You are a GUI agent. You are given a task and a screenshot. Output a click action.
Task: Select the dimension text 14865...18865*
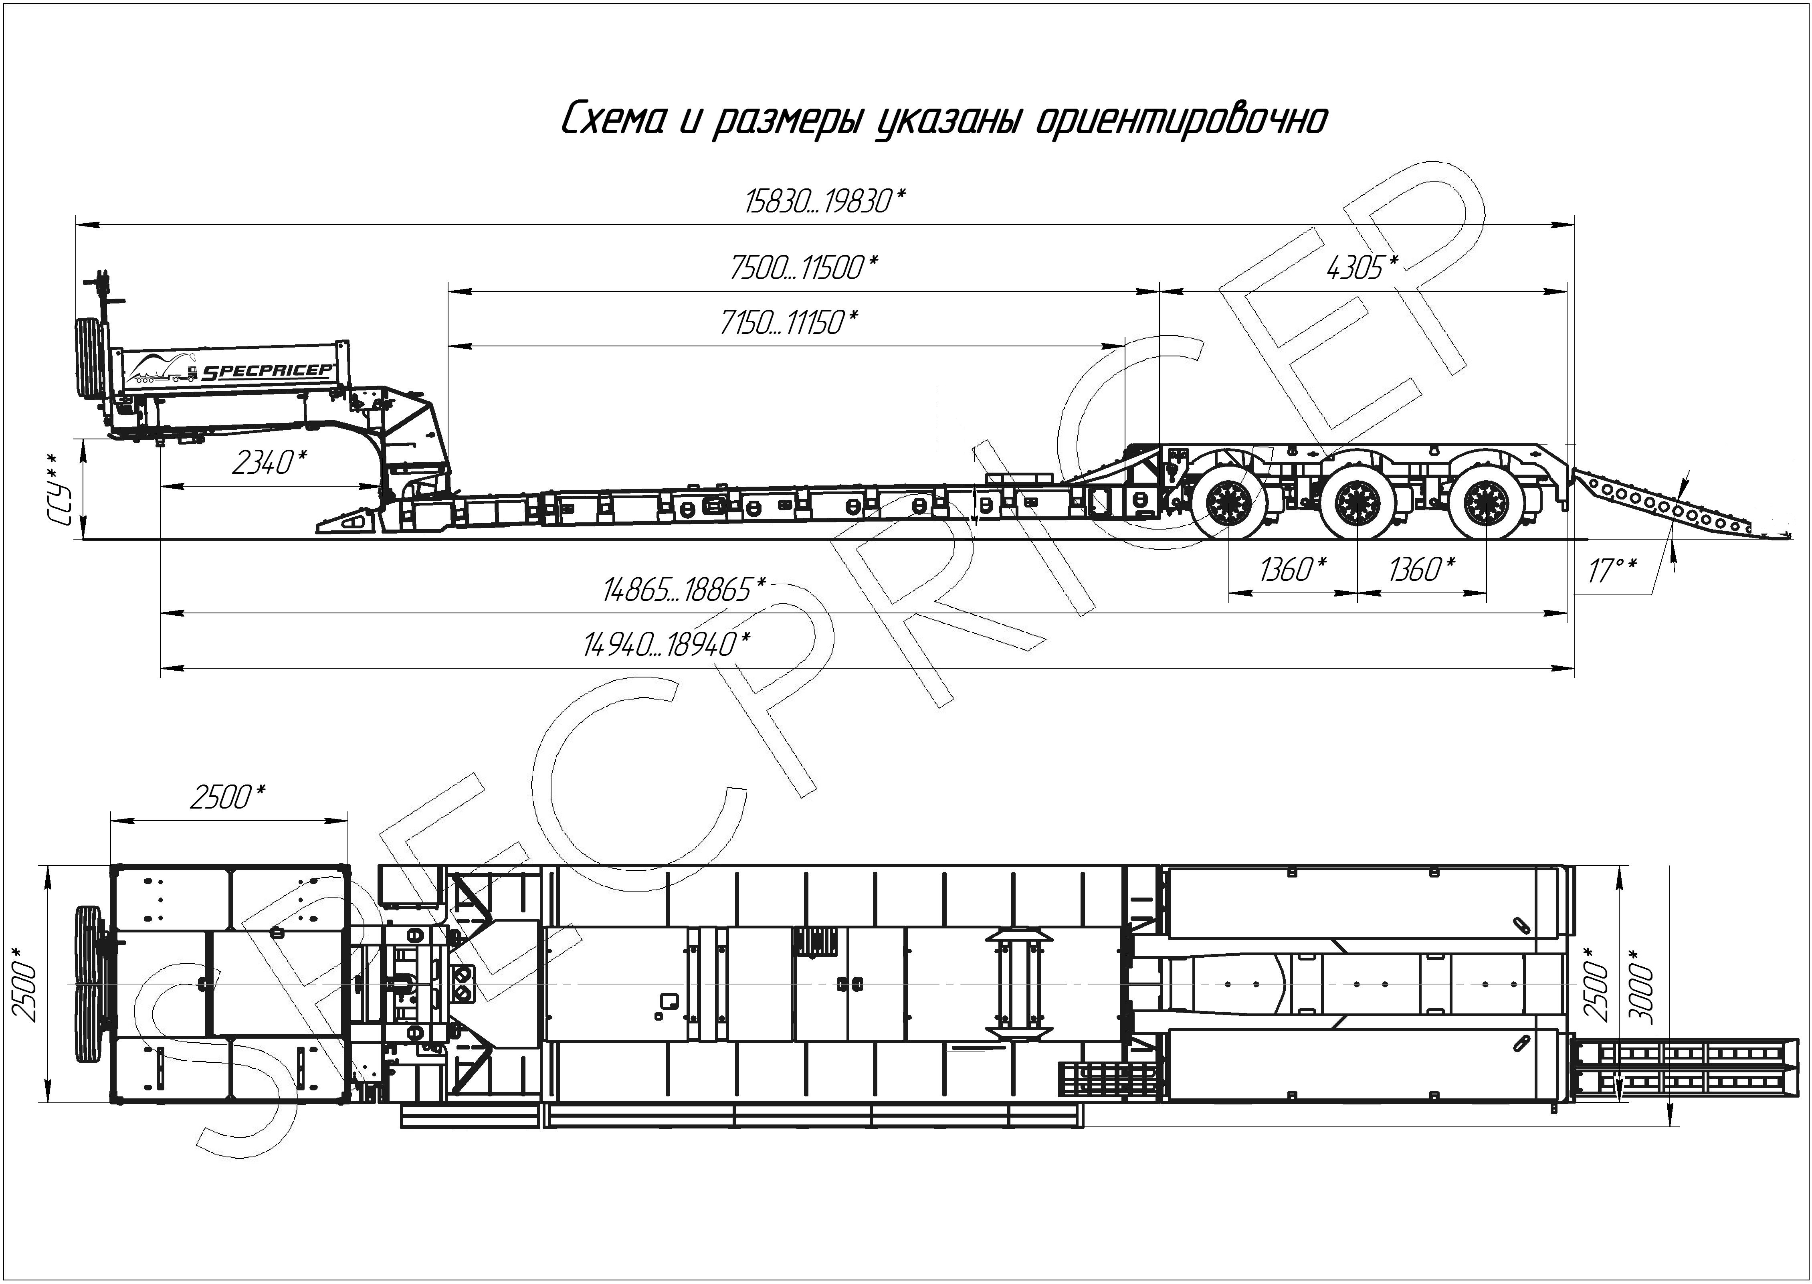click(685, 589)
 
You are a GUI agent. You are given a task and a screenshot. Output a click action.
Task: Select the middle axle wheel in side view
click(1357, 501)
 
